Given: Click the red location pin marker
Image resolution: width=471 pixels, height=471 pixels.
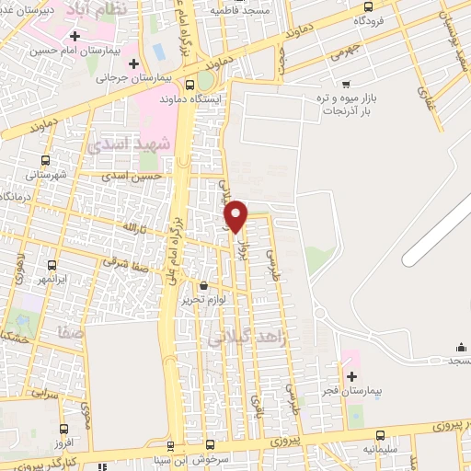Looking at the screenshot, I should [236, 215].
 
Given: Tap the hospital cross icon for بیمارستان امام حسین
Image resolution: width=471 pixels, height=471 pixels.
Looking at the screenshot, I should [75, 37].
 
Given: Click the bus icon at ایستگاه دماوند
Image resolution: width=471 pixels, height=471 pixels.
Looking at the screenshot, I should [189, 84].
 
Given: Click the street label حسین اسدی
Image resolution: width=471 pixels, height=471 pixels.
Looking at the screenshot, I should [132, 176].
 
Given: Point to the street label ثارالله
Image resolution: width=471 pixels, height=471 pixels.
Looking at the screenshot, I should [135, 226].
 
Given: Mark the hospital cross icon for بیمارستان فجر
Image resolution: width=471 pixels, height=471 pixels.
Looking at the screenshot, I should [351, 376].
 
